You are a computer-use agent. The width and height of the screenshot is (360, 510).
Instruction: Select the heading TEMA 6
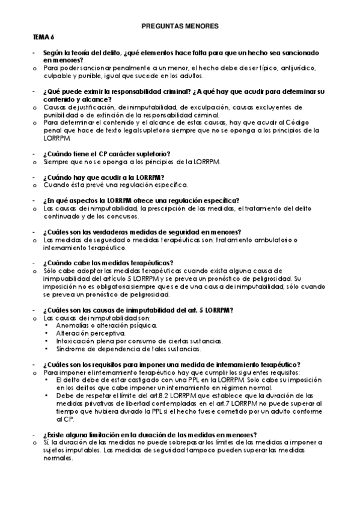point(43,38)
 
